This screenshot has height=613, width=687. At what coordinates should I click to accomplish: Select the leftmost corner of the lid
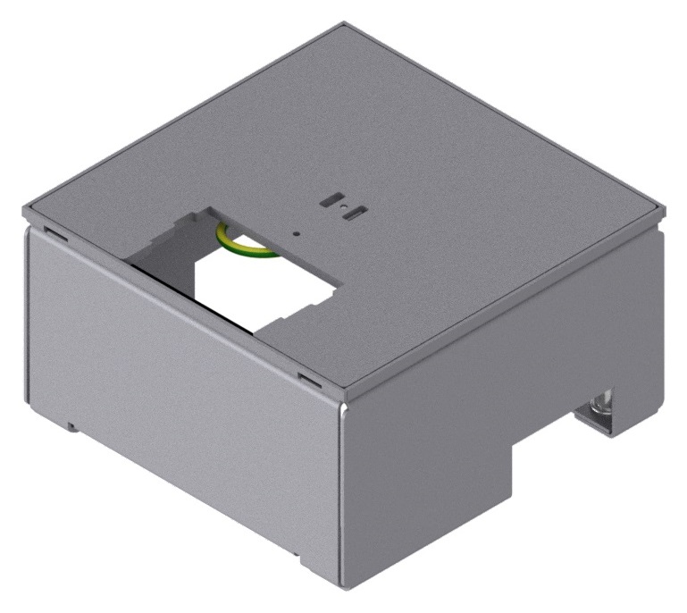25,212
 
